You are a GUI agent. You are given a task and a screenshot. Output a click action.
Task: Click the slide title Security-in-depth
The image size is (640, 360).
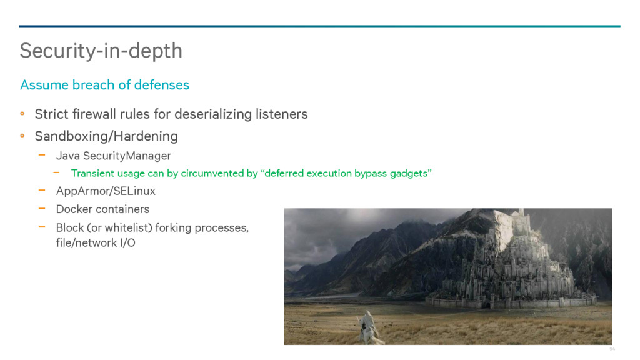[x=101, y=51]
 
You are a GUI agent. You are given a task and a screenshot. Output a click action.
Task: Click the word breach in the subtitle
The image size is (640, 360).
[x=93, y=85]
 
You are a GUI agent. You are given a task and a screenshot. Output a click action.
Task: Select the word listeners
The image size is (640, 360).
[x=282, y=114]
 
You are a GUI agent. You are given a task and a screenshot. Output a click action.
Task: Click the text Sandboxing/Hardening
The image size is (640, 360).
[x=106, y=136]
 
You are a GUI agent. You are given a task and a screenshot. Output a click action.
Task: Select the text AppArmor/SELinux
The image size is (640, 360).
[x=106, y=191]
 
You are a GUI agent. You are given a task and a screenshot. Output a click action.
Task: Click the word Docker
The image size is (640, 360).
[x=72, y=209]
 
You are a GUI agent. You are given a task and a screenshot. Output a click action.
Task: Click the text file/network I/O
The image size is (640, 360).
[x=96, y=243]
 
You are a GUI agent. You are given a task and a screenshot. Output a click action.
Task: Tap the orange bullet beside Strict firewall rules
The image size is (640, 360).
[x=22, y=114]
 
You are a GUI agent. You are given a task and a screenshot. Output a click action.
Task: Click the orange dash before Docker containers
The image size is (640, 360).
[x=42, y=208]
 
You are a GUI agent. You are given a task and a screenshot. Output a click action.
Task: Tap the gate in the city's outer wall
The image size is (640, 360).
[x=486, y=305]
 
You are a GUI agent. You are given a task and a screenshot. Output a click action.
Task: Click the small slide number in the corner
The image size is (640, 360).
[x=612, y=349]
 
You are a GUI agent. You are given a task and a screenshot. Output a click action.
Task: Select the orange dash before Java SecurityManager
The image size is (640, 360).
[x=42, y=155]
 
